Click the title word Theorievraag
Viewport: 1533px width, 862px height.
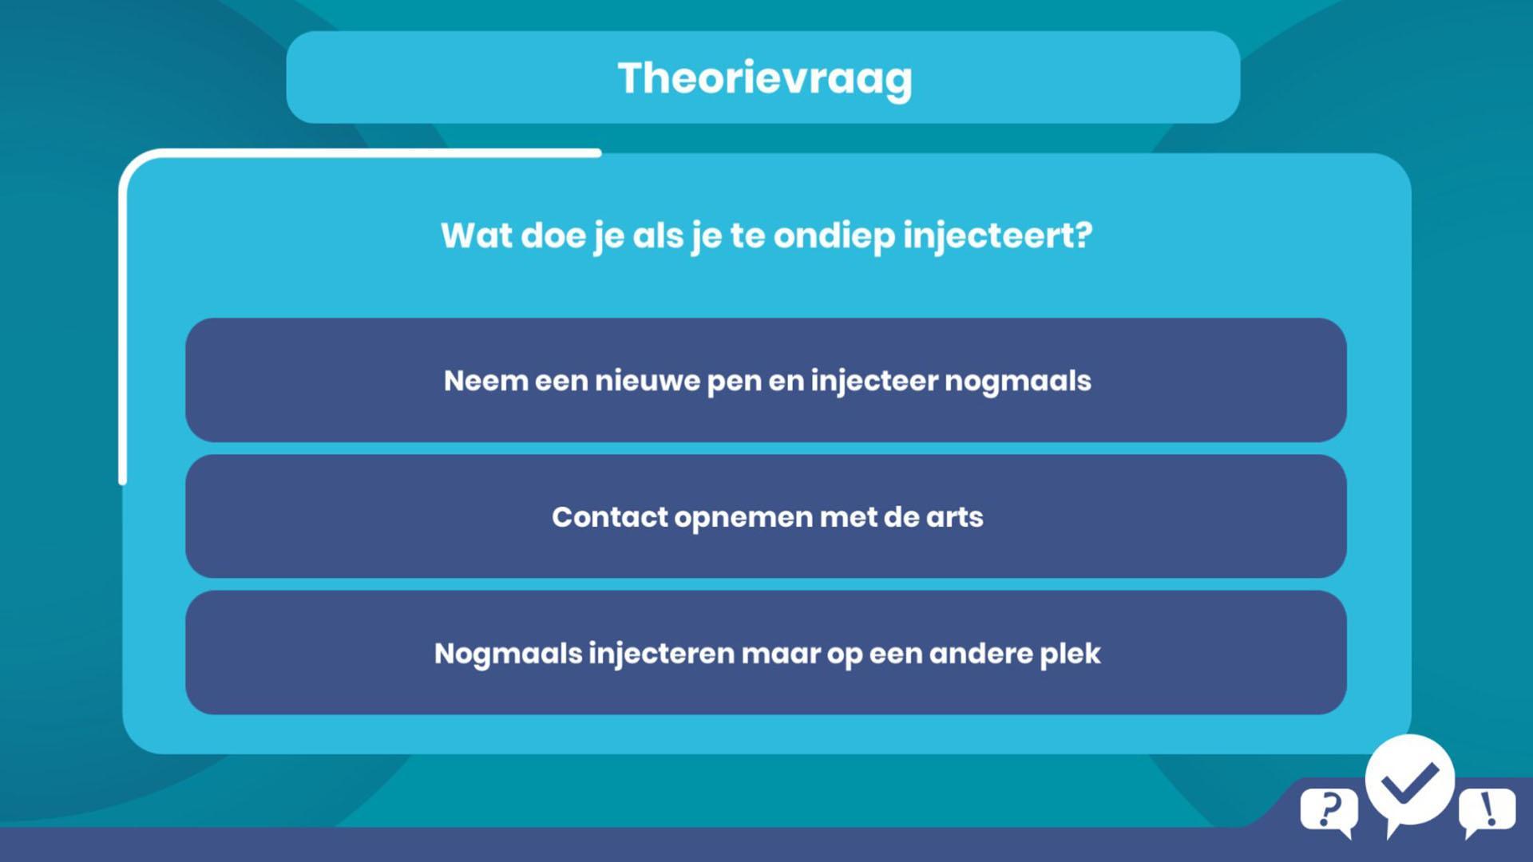pyautogui.click(x=765, y=79)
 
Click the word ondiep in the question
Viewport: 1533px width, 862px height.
pyautogui.click(x=834, y=236)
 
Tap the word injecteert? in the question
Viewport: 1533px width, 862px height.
pyautogui.click(x=997, y=236)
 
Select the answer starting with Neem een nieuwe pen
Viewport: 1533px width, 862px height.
pyautogui.click(x=766, y=380)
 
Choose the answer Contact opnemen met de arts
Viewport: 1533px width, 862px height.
pyautogui.click(x=766, y=516)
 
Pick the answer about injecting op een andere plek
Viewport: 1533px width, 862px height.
pyautogui.click(x=766, y=653)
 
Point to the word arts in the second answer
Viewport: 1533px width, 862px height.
pyautogui.click(x=954, y=517)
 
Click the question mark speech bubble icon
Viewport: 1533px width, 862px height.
pyautogui.click(x=1329, y=811)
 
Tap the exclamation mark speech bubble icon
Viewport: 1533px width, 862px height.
pyautogui.click(x=1487, y=811)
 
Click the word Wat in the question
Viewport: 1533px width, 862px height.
pyautogui.click(x=477, y=235)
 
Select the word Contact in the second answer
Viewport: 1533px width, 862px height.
pyautogui.click(x=610, y=517)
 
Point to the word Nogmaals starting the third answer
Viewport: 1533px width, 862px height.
pyautogui.click(x=509, y=654)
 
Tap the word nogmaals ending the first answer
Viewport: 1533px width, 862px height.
pyautogui.click(x=1018, y=382)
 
